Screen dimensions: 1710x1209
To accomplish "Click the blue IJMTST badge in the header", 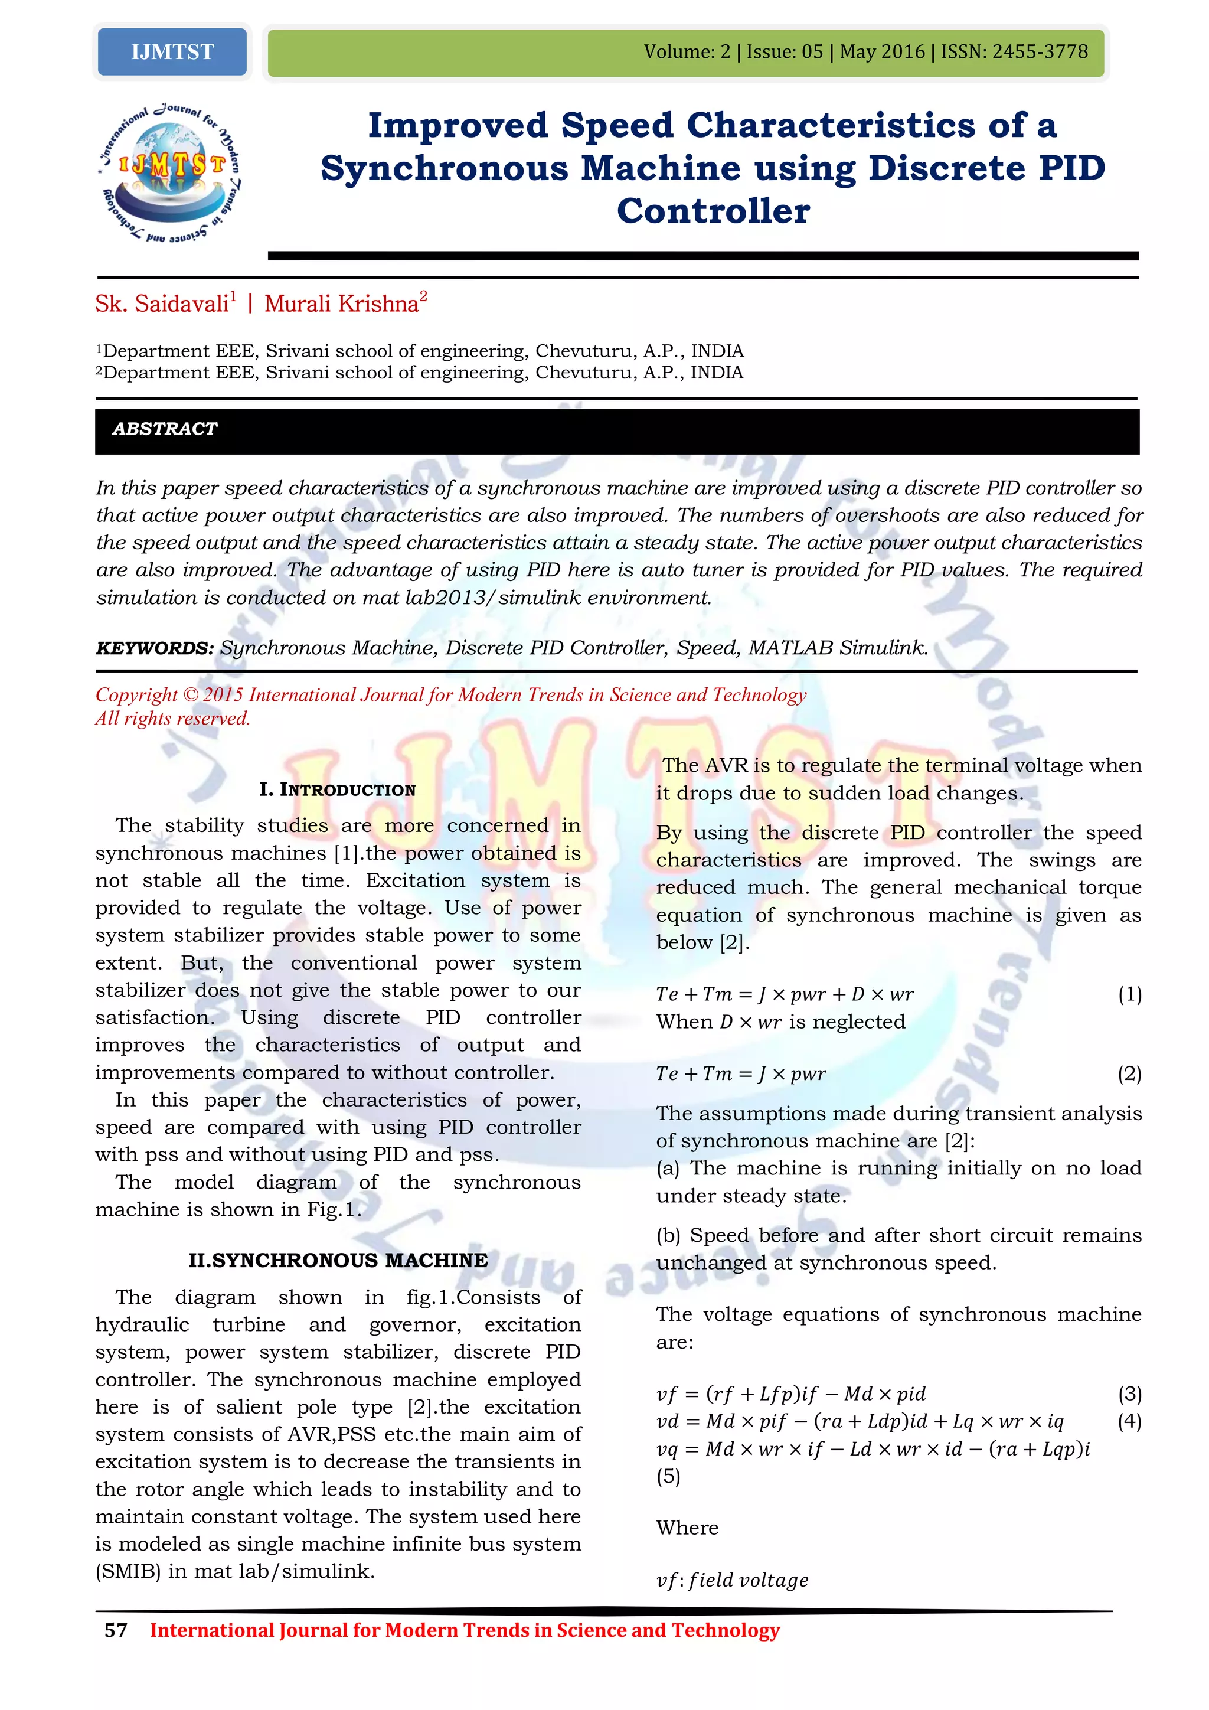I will click(x=172, y=52).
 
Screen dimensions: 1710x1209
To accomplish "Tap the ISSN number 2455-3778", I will click(x=1040, y=52).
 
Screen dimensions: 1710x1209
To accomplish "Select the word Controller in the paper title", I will click(x=713, y=211).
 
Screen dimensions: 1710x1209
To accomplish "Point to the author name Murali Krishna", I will click(x=342, y=304).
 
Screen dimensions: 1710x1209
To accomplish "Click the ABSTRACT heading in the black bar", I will click(x=165, y=429).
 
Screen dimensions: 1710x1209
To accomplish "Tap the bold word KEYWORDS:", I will click(x=155, y=648).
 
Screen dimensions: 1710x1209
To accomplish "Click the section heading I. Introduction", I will click(x=337, y=789).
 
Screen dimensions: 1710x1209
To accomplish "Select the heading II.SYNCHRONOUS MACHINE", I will click(x=338, y=1260).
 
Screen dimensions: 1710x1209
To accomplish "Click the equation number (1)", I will click(x=1129, y=994).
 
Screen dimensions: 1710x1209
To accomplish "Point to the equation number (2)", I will click(x=1129, y=1073).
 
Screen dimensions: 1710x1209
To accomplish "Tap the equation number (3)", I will click(x=1129, y=1394).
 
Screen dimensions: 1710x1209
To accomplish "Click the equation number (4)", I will click(x=1129, y=1421).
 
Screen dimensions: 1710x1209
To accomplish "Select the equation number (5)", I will click(x=668, y=1476).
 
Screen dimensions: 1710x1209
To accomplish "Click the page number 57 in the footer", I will click(x=116, y=1630).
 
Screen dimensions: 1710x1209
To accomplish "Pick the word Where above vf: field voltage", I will click(x=687, y=1528).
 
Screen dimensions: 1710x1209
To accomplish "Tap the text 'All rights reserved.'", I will click(x=173, y=719).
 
